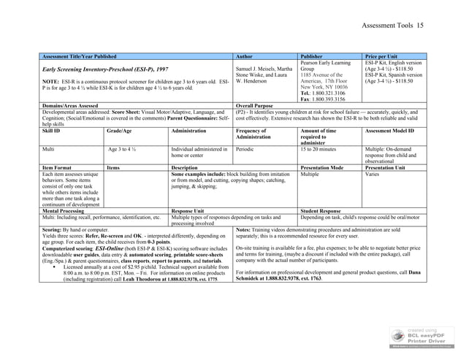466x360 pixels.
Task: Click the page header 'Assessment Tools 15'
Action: point(408,26)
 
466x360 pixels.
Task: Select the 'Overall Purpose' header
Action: point(256,104)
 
